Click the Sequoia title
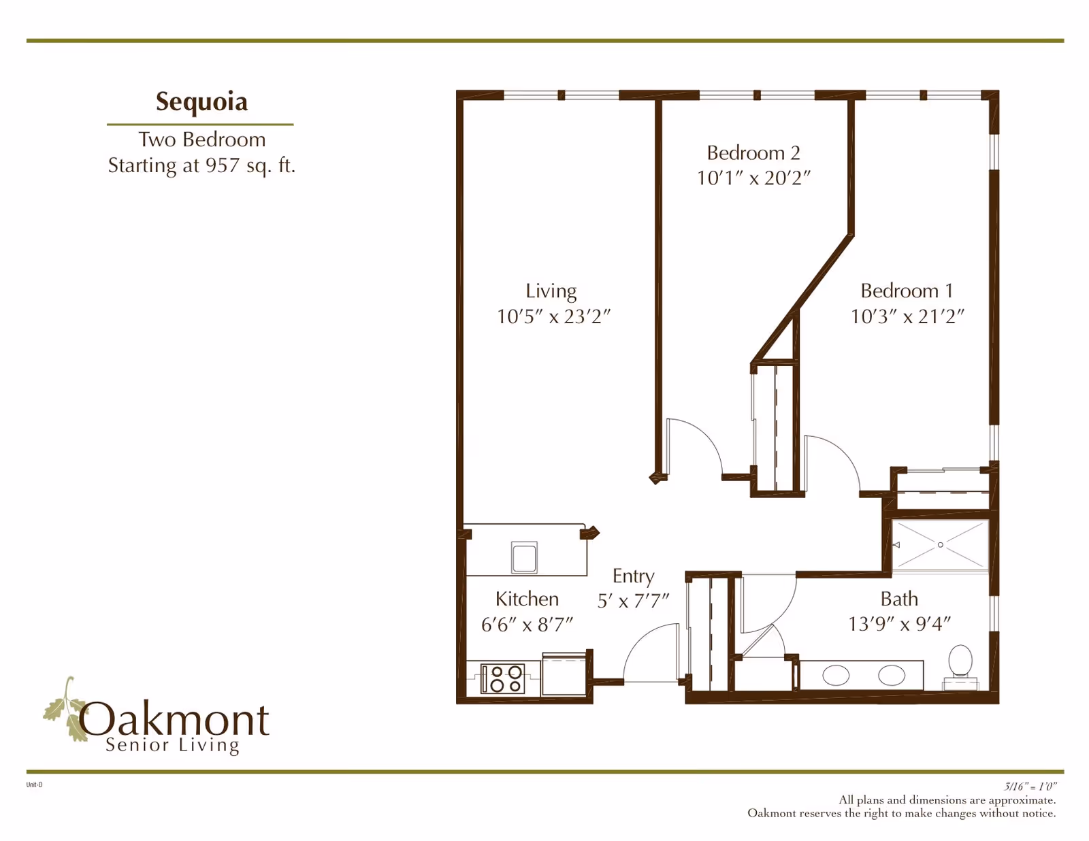(x=201, y=101)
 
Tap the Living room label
(x=551, y=291)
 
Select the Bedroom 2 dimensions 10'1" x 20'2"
(x=753, y=178)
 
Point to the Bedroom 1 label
(x=907, y=291)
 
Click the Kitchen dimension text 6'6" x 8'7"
(x=527, y=624)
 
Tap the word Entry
(x=633, y=576)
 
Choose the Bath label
(x=899, y=599)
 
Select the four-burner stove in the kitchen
(x=502, y=678)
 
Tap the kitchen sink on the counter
(x=524, y=557)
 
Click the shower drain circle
(x=941, y=545)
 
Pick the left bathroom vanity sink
(x=836, y=676)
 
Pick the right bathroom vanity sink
(x=891, y=676)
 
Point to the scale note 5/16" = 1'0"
(x=1030, y=787)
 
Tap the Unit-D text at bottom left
(x=34, y=785)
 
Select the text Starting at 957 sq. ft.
(x=201, y=165)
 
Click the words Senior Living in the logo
(x=173, y=746)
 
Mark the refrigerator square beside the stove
(x=564, y=675)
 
